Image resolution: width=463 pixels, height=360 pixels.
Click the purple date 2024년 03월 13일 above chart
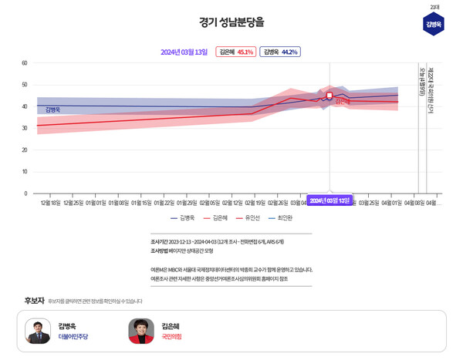click(x=184, y=52)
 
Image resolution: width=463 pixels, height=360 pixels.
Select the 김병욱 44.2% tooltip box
click(x=279, y=52)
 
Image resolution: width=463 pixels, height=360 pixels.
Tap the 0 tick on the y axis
click(x=25, y=193)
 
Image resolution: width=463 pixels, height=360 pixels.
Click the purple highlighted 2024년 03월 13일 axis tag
click(x=330, y=200)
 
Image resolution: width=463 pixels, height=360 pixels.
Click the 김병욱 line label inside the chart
click(x=52, y=110)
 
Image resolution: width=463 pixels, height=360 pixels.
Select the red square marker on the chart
click(x=330, y=96)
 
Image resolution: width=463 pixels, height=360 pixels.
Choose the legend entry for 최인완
click(x=282, y=218)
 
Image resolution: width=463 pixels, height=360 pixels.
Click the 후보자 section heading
click(x=34, y=301)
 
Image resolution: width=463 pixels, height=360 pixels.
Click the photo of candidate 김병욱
click(x=38, y=331)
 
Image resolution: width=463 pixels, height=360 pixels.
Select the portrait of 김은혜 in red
click(x=140, y=331)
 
